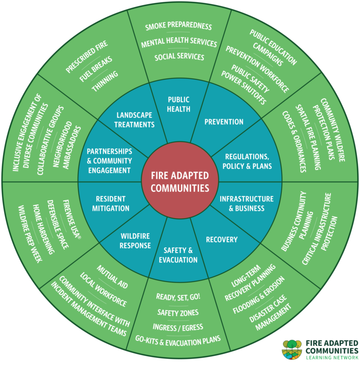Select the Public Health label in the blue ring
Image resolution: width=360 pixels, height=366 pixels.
(179, 104)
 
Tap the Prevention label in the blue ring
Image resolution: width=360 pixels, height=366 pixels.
(224, 122)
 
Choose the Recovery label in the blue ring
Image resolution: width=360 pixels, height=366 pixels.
(222, 240)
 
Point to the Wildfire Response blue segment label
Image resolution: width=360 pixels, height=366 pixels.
(135, 241)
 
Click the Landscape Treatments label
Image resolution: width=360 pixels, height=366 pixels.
(135, 120)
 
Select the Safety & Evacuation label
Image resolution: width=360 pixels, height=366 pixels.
(178, 255)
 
